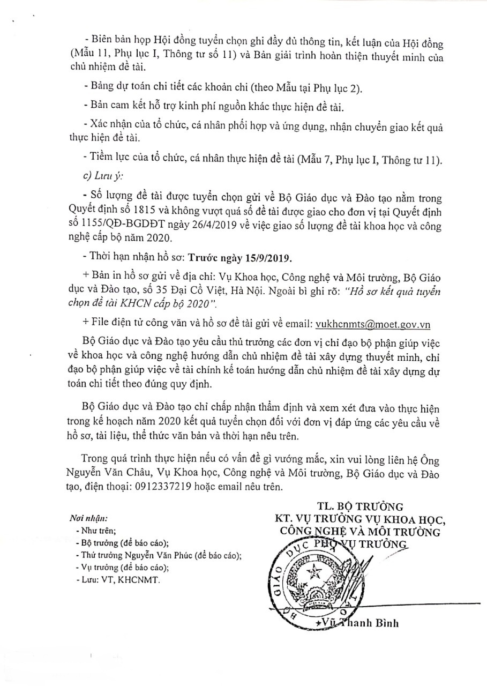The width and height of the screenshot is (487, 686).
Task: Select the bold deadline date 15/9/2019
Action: pos(266,258)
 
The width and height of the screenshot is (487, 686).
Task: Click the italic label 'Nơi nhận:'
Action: pos(88,519)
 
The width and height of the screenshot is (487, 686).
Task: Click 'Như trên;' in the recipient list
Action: pos(92,531)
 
